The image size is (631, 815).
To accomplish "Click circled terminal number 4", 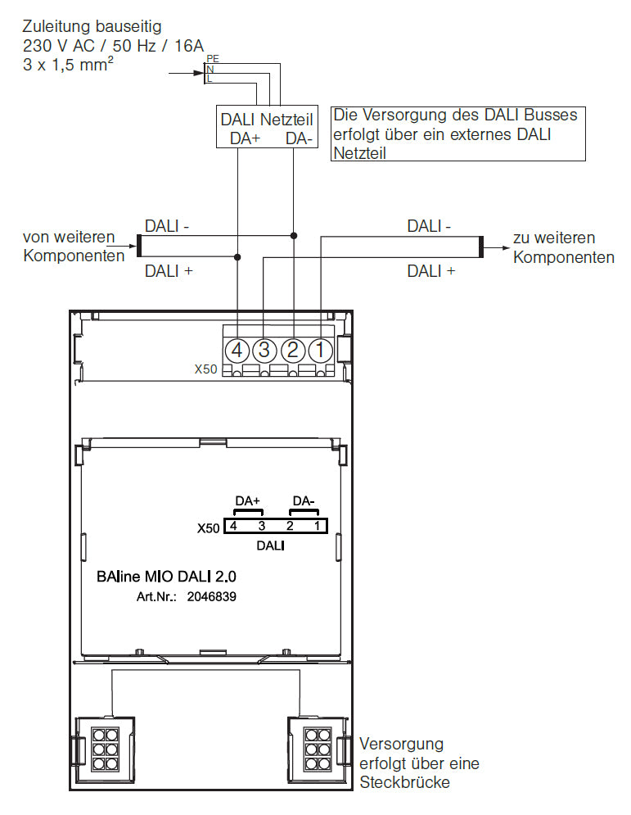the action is pyautogui.click(x=237, y=350).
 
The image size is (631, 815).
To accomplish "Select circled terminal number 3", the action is pyautogui.click(x=264, y=350).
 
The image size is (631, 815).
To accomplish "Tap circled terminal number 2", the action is pyautogui.click(x=293, y=350).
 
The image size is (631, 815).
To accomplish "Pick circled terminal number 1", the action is pyautogui.click(x=321, y=350).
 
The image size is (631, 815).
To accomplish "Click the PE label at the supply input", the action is pyautogui.click(x=213, y=59).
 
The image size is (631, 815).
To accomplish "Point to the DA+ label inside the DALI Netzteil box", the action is pyautogui.click(x=246, y=138).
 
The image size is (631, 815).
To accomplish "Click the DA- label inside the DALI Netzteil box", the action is pyautogui.click(x=300, y=138).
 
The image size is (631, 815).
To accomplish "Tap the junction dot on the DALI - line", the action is pyautogui.click(x=294, y=235).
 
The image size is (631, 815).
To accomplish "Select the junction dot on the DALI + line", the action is pyautogui.click(x=237, y=256).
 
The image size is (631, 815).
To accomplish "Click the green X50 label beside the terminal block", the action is pyautogui.click(x=205, y=369).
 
